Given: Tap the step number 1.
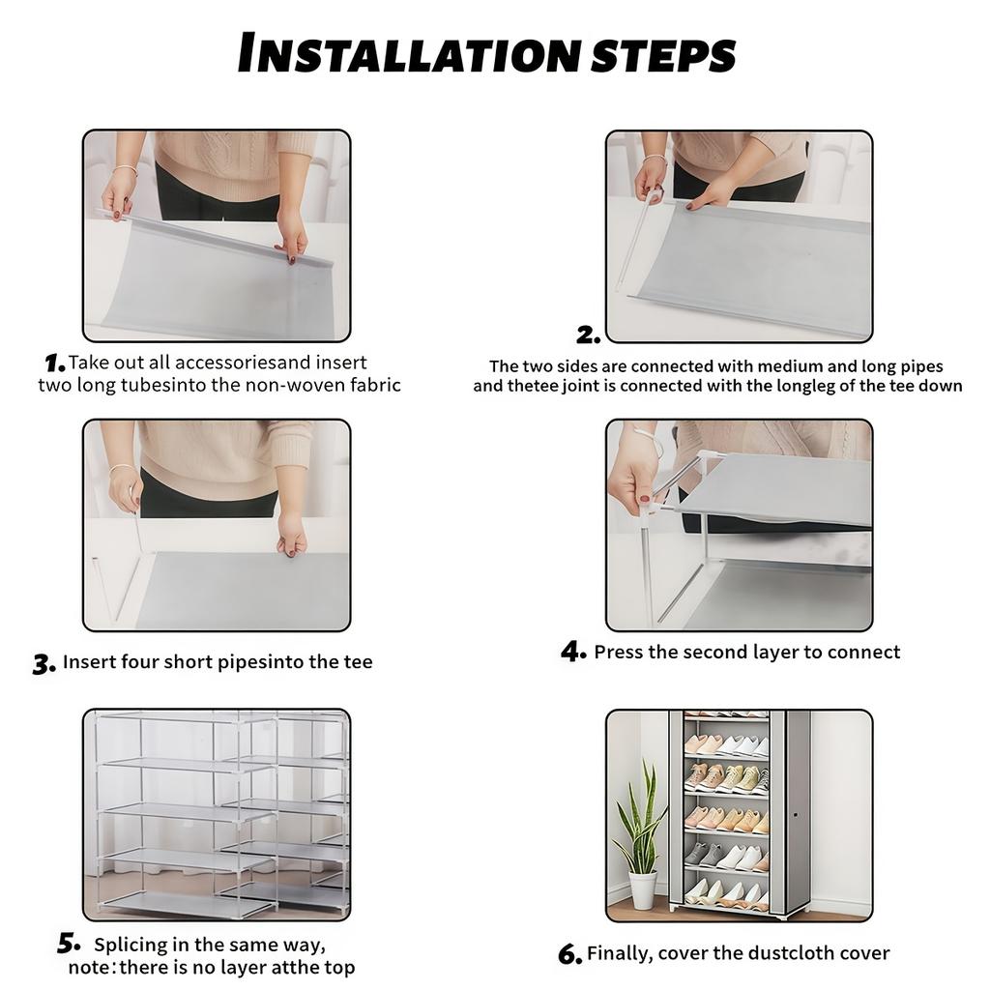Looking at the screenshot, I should tap(54, 364).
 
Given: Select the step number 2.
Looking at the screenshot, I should tap(588, 335).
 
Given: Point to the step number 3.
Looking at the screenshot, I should tap(44, 665).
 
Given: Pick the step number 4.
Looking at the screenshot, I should tap(572, 653).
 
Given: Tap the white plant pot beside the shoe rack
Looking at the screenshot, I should tap(642, 888).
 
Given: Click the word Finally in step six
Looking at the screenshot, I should tap(619, 954).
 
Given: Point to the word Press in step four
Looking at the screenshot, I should tap(618, 653).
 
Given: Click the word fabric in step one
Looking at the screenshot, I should tap(372, 385).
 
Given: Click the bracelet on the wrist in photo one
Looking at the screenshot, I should tap(124, 170).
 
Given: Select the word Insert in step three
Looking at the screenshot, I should tap(89, 662).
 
